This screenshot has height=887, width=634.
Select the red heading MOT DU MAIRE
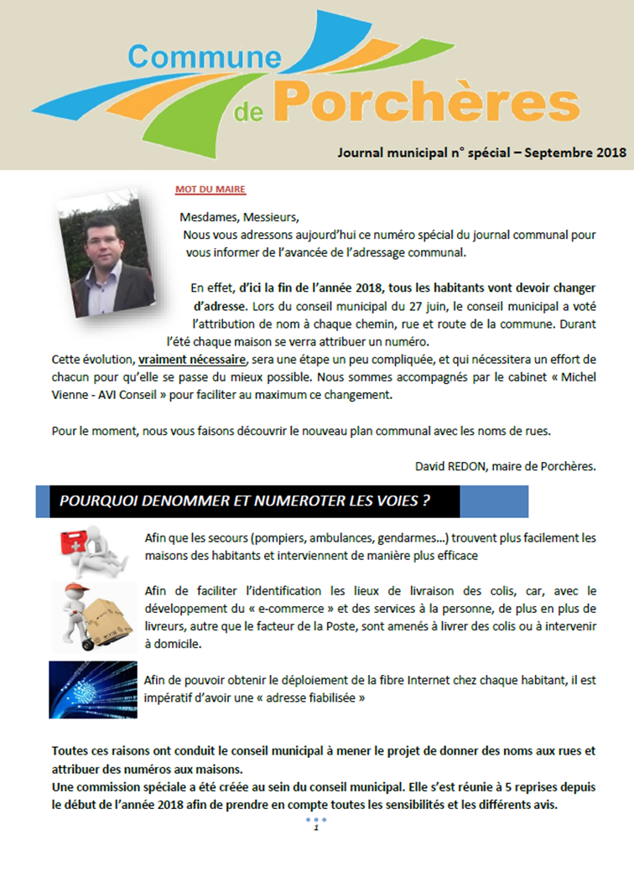click(x=210, y=189)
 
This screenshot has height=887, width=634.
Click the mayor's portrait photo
click(x=106, y=252)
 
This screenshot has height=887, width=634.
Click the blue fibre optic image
click(x=92, y=687)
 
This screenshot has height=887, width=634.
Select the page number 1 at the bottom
click(x=316, y=829)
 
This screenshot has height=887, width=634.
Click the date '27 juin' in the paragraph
click(x=457, y=305)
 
